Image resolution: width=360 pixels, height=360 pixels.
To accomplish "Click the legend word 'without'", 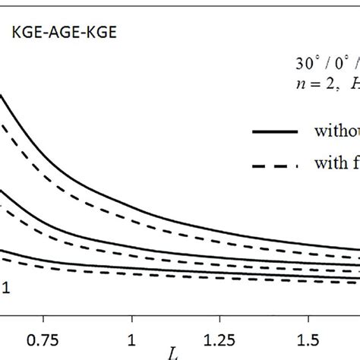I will (x=336, y=131).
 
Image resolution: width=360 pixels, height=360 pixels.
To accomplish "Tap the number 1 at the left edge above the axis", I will (x=5, y=287).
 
